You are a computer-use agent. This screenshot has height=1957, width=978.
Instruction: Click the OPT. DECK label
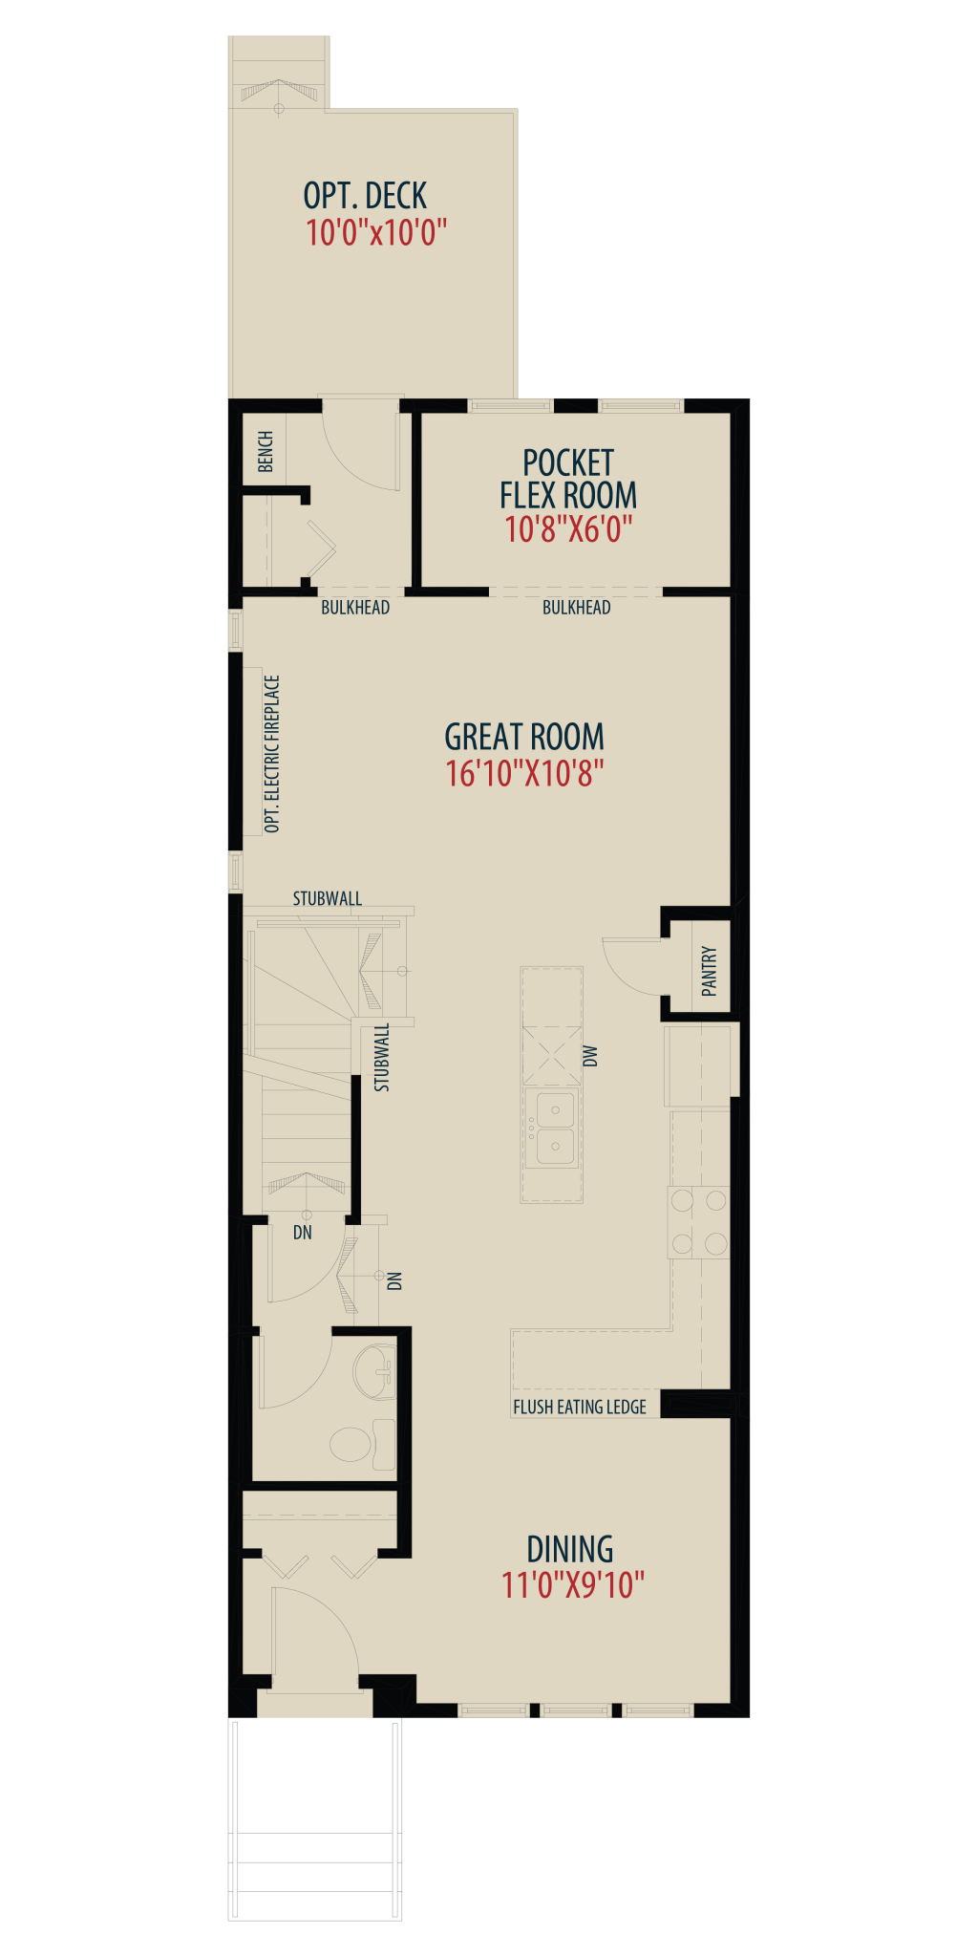point(365,196)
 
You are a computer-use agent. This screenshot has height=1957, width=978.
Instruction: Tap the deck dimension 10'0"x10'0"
point(376,232)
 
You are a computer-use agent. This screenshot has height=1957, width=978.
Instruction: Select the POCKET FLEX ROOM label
point(568,479)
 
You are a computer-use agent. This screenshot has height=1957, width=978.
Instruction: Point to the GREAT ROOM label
point(524,737)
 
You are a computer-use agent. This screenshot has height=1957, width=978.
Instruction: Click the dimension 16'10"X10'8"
point(524,773)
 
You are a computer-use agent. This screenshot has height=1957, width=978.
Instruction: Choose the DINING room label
point(570,1549)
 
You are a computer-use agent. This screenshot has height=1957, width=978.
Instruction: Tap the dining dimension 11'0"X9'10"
point(573,1585)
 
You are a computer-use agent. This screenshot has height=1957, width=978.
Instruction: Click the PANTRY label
point(709,971)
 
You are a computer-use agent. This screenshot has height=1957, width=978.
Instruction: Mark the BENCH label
point(266,451)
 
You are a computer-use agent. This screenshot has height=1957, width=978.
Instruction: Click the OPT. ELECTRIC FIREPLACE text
point(272,754)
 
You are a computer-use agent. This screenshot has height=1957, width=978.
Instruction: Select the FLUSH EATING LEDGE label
point(580,1407)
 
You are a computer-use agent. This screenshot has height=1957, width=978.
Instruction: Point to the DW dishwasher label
point(590,1056)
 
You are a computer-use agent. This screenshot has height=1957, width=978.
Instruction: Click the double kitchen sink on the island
point(554,1129)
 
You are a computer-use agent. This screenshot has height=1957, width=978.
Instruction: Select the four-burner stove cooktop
point(699,1222)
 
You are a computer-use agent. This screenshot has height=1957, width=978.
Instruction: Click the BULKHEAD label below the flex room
point(577,607)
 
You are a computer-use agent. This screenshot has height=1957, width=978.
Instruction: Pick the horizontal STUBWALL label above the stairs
point(328,898)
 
